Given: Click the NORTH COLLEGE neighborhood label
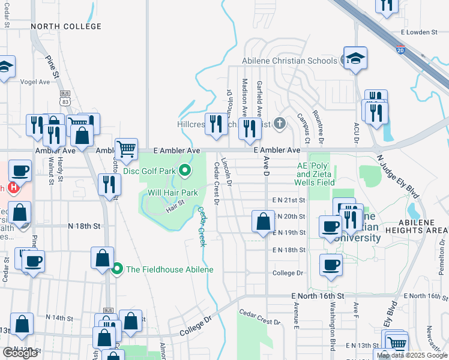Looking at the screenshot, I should [x=66, y=26].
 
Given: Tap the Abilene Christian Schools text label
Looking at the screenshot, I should [x=289, y=61].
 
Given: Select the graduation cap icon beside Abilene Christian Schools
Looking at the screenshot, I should [x=355, y=59].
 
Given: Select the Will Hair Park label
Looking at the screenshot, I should [x=173, y=193].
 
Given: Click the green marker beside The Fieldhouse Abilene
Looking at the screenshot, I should [x=118, y=269].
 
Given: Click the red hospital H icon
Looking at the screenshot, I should [x=13, y=188].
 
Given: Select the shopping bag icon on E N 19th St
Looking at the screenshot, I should [x=263, y=221].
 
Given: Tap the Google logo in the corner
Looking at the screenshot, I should [x=20, y=353].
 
